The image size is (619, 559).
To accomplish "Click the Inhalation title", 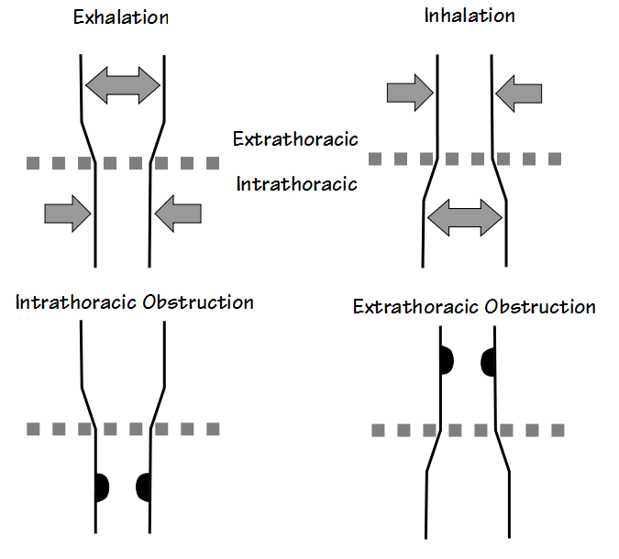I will pyautogui.click(x=469, y=16).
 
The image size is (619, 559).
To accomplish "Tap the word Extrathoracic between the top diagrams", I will pyautogui.click(x=294, y=139).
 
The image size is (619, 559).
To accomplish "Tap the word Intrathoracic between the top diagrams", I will pyautogui.click(x=296, y=183).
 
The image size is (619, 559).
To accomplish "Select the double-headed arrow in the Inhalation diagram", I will pyautogui.click(x=464, y=216).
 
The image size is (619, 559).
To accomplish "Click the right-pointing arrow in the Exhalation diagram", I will pyautogui.click(x=67, y=214).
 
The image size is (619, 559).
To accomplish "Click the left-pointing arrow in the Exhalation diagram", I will pyautogui.click(x=178, y=214).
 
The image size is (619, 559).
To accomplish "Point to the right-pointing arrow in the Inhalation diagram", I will pyautogui.click(x=409, y=92).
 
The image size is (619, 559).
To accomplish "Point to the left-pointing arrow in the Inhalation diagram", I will pyautogui.click(x=518, y=92).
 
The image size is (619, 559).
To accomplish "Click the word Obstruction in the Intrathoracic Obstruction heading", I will pyautogui.click(x=198, y=302).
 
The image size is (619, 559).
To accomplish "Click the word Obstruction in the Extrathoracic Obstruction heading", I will pyautogui.click(x=541, y=306).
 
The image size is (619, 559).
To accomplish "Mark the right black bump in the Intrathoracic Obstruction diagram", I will pyautogui.click(x=143, y=486).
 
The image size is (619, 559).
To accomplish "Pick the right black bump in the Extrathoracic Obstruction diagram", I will pyautogui.click(x=489, y=361).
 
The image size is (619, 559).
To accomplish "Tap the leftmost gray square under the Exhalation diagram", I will pyautogui.click(x=33, y=163).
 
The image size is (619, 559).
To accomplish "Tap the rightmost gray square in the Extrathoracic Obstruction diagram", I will pyautogui.click(x=556, y=430).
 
